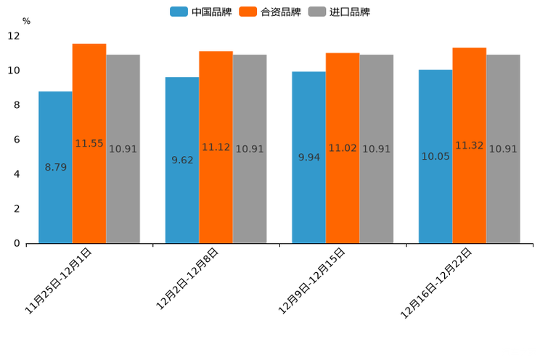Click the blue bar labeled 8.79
coord(55,168)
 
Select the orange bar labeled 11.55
coord(89,144)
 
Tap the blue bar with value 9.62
coord(182,160)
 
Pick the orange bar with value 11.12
coord(216,147)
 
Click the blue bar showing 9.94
coord(308,157)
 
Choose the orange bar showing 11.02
coord(343,148)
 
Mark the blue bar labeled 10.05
coord(435,157)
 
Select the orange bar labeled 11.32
coord(470,146)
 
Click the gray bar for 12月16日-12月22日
coord(503,149)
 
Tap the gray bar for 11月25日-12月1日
coord(123,149)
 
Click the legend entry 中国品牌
coord(201,12)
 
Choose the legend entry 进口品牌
coord(339,12)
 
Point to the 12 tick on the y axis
coord(14,36)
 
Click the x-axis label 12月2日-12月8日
coord(187,279)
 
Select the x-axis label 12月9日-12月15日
coord(312,281)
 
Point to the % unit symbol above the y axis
coord(26,21)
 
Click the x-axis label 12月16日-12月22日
coord(436,283)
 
